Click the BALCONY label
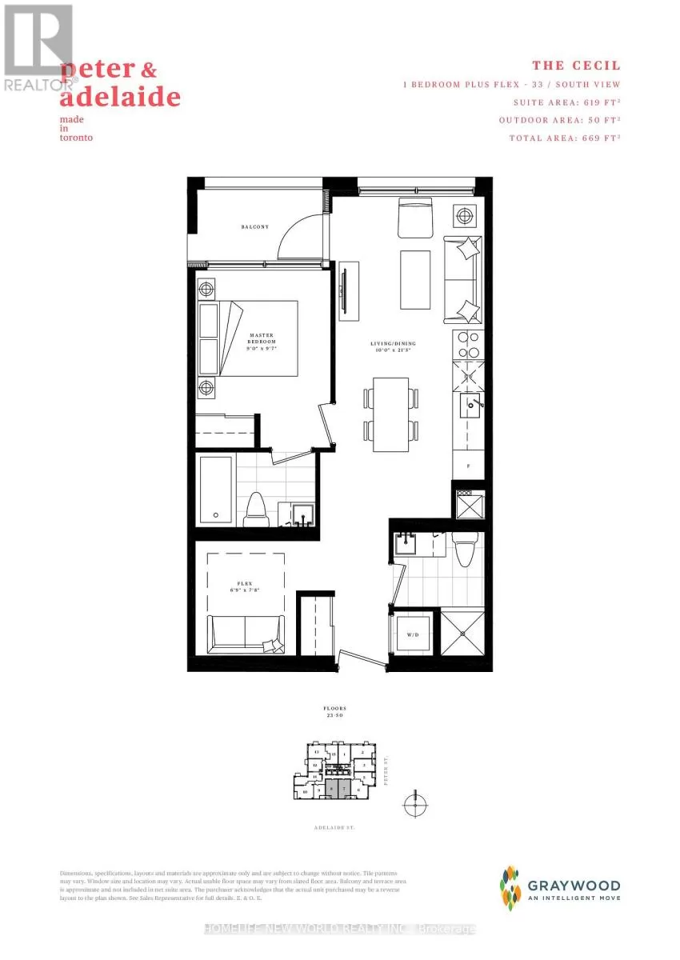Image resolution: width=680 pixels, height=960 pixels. pyautogui.click(x=255, y=227)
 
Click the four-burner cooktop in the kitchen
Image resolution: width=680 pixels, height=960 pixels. pyautogui.click(x=467, y=345)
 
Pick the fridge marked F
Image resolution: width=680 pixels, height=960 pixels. pyautogui.click(x=468, y=463)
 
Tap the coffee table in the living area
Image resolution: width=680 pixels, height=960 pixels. pyautogui.click(x=415, y=273)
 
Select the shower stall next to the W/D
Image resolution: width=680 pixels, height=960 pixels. pyautogui.click(x=462, y=634)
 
